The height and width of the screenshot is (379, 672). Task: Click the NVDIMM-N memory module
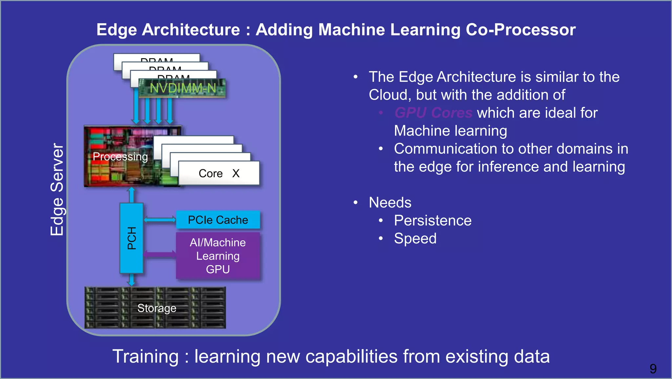point(182,88)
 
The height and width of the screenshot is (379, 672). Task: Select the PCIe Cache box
point(218,220)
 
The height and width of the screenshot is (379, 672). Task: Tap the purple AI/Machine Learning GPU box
point(218,256)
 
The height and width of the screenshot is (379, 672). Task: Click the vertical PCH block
point(132,238)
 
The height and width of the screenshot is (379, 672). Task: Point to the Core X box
point(219,173)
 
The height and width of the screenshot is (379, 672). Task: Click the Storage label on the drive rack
point(157,308)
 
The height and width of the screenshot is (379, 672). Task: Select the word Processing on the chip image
point(120,156)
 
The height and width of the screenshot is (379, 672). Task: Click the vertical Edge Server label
point(57,189)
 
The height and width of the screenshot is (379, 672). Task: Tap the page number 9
point(653,369)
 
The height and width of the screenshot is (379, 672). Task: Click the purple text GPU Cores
point(433,113)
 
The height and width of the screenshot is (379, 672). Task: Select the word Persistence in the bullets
point(432,221)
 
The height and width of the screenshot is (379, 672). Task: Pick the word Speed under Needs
point(415,238)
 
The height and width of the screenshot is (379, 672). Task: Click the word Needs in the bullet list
point(390,202)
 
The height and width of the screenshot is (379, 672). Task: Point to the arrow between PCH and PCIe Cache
point(160,220)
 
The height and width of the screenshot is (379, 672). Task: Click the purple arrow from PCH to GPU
point(160,254)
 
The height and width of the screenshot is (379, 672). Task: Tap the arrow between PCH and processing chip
point(132,195)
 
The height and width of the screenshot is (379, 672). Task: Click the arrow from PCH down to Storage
point(132,280)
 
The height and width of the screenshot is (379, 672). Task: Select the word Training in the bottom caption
point(145,357)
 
